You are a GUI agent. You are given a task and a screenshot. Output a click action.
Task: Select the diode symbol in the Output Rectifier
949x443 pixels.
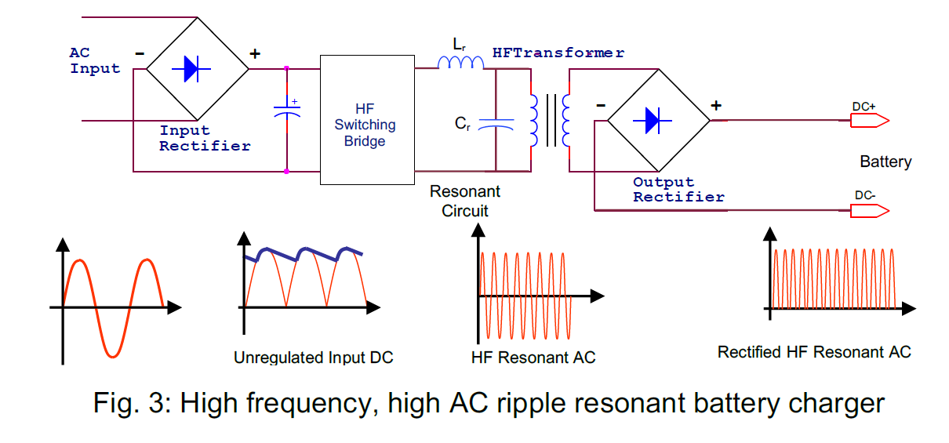[658, 120]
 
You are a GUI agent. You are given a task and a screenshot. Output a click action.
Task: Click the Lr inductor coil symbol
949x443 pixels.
[460, 62]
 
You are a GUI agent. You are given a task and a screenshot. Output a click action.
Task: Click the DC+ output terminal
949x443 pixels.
[869, 120]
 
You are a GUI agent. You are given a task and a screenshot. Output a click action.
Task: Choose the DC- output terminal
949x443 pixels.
[869, 210]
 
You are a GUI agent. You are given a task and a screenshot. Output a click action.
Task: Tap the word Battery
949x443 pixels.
[885, 162]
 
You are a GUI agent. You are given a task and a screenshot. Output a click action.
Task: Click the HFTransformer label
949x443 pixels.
[558, 53]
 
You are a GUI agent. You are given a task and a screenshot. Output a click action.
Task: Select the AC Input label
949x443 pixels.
[95, 60]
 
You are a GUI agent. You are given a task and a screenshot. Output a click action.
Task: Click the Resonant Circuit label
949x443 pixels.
[464, 201]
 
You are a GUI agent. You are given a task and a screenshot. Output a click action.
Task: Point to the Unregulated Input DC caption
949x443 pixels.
[313, 358]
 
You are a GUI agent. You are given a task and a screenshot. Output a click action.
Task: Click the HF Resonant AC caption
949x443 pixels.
[533, 358]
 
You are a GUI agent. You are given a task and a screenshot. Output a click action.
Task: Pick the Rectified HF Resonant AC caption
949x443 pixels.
[814, 352]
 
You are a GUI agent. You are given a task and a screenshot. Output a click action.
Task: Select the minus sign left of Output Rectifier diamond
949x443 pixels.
[600, 105]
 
